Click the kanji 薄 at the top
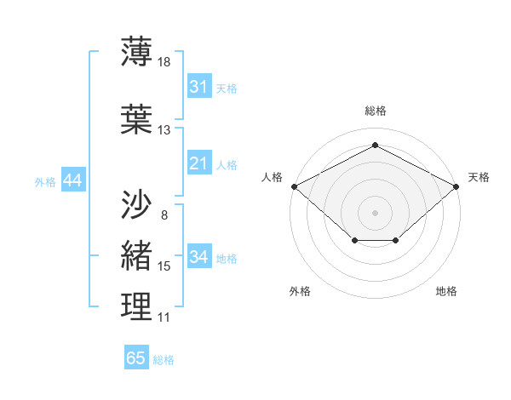pyautogui.click(x=136, y=52)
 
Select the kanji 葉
pyautogui.click(x=136, y=119)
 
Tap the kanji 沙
pyautogui.click(x=136, y=203)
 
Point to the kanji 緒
pyautogui.click(x=136, y=255)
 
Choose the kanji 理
pyautogui.click(x=136, y=307)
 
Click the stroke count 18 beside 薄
pyautogui.click(x=164, y=62)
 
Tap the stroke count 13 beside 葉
pyautogui.click(x=164, y=130)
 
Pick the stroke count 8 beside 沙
pyautogui.click(x=164, y=214)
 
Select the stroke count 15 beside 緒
pyautogui.click(x=164, y=266)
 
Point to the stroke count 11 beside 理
pyautogui.click(x=164, y=317)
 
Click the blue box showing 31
pyautogui.click(x=198, y=87)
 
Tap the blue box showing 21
pyautogui.click(x=198, y=163)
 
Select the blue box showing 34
pyautogui.click(x=198, y=257)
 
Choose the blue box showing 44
pyautogui.click(x=72, y=180)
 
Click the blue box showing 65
pyautogui.click(x=136, y=358)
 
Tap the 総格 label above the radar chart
pyautogui.click(x=375, y=111)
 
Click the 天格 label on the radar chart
pyautogui.click(x=479, y=177)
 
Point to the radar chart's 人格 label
pyautogui.click(x=272, y=177)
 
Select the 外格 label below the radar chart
pyautogui.click(x=300, y=291)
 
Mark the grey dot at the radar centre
pyautogui.click(x=375, y=212)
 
